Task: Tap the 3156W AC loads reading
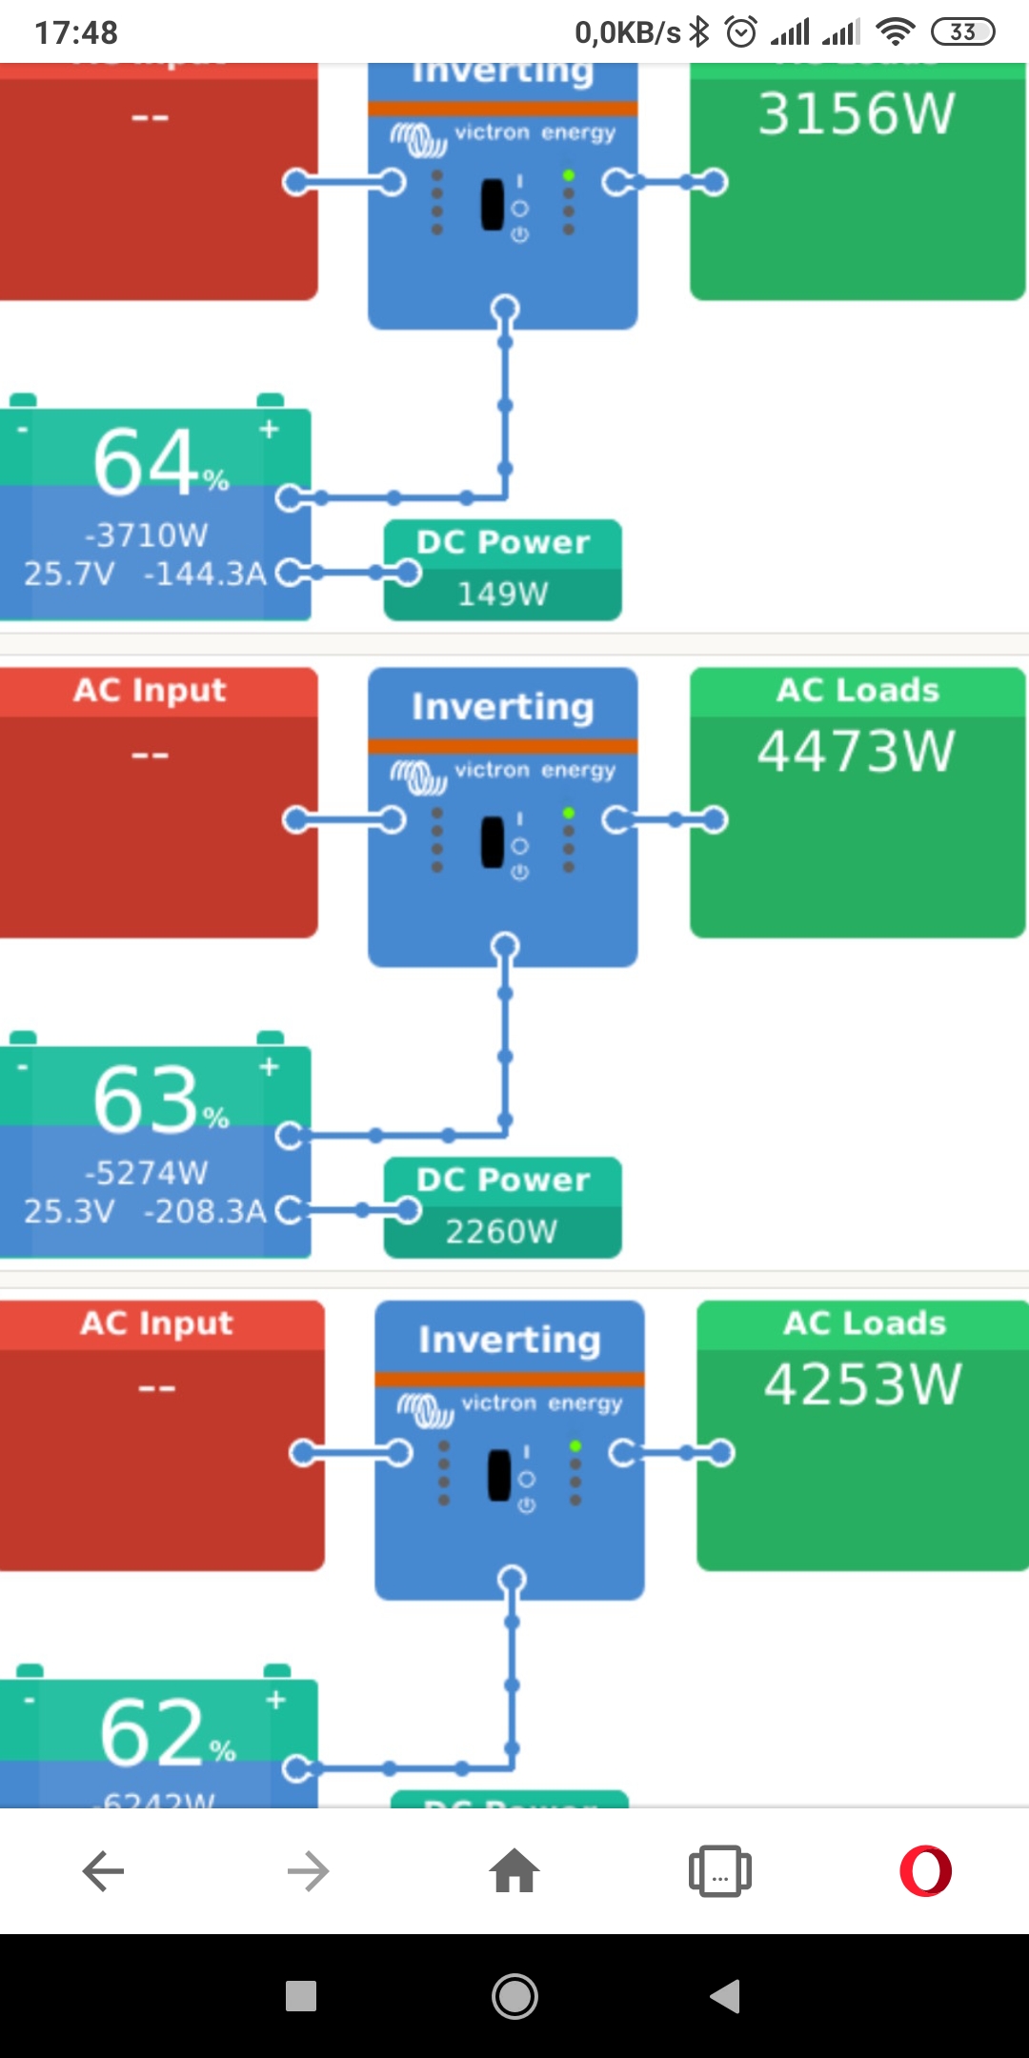point(856,114)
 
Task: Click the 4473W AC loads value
point(856,751)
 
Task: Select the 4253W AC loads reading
point(862,1383)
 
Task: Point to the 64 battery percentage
point(149,463)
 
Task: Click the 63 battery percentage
point(149,1100)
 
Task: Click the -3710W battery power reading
point(146,535)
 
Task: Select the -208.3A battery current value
point(205,1211)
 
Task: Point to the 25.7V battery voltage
point(69,574)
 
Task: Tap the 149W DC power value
point(502,595)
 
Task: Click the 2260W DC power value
point(501,1232)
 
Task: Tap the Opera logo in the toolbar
point(925,1871)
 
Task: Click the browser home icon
point(514,1871)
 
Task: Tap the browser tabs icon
point(719,1871)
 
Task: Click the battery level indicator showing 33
point(962,32)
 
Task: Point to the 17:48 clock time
point(76,33)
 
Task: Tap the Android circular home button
point(514,1996)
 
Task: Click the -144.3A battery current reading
point(205,574)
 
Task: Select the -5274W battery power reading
point(146,1173)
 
